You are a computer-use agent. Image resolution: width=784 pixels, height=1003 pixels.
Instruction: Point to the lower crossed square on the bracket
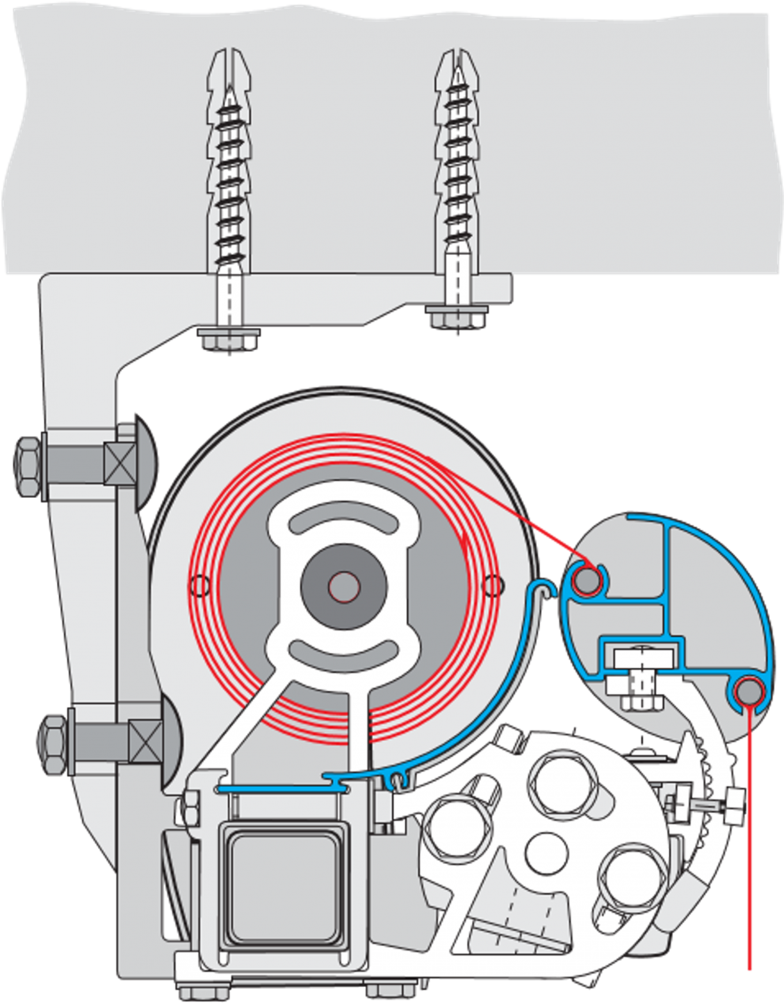(145, 743)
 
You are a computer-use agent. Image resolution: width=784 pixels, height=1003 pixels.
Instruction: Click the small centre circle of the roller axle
(344, 585)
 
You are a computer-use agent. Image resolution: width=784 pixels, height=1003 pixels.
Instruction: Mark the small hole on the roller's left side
(200, 584)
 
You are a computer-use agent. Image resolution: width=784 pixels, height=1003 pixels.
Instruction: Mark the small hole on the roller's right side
(492, 584)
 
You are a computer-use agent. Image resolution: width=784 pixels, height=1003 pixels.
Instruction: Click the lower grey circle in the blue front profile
(747, 692)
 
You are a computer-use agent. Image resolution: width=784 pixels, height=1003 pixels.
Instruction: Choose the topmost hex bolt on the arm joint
(556, 779)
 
